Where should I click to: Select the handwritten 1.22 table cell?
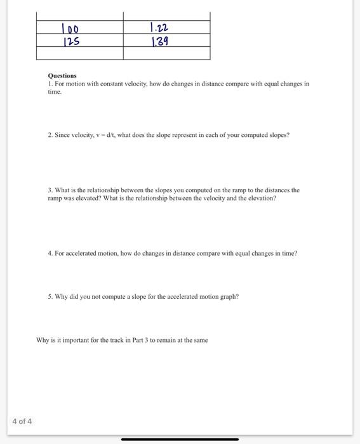pyautogui.click(x=159, y=28)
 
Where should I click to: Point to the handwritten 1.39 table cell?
pyautogui.click(x=159, y=42)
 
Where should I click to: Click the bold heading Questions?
pyautogui.click(x=62, y=75)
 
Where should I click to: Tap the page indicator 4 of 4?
pyautogui.click(x=22, y=421)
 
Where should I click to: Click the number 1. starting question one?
pyautogui.click(x=50, y=84)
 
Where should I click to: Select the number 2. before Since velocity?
pyautogui.click(x=50, y=135)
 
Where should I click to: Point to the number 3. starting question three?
pyautogui.click(x=50, y=190)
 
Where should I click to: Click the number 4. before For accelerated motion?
pyautogui.click(x=50, y=253)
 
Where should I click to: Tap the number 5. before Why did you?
pyautogui.click(x=50, y=296)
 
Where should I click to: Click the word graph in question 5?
pyautogui.click(x=230, y=296)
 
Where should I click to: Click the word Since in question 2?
pyautogui.click(x=62, y=135)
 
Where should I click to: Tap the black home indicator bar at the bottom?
pyautogui.click(x=180, y=439)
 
